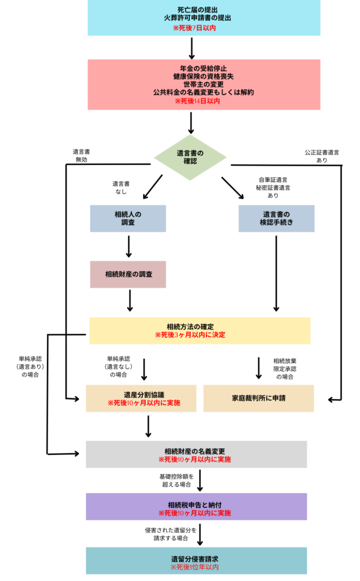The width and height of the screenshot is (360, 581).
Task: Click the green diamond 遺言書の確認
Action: [x=191, y=157]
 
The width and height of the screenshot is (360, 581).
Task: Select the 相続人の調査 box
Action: [x=128, y=218]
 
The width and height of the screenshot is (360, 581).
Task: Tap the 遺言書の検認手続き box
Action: [x=277, y=218]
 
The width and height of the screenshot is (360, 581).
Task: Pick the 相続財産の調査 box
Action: [x=128, y=274]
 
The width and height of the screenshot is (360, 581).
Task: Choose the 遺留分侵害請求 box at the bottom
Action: [x=196, y=561]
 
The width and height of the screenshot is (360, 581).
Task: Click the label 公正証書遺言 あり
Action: [x=321, y=156]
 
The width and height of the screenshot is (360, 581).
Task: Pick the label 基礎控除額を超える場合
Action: [x=177, y=481]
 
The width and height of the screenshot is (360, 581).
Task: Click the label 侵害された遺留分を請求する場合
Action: [x=170, y=534]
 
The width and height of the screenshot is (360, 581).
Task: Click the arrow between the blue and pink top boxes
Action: [x=192, y=48]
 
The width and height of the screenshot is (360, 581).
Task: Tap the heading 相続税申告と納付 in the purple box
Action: [x=195, y=504]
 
